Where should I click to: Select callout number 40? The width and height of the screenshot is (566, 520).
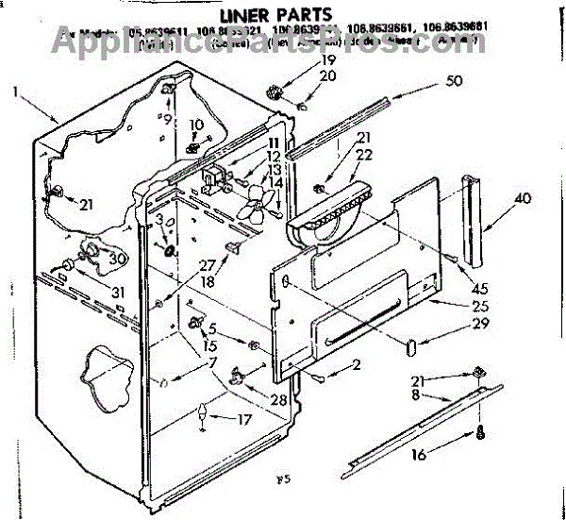[524, 198]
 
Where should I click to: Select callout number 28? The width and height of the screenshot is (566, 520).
[279, 400]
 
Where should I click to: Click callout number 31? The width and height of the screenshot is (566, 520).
[117, 292]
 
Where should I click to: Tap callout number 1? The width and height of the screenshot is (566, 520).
[16, 92]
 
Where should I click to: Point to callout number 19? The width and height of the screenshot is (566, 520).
[327, 60]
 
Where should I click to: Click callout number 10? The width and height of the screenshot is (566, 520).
[197, 125]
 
